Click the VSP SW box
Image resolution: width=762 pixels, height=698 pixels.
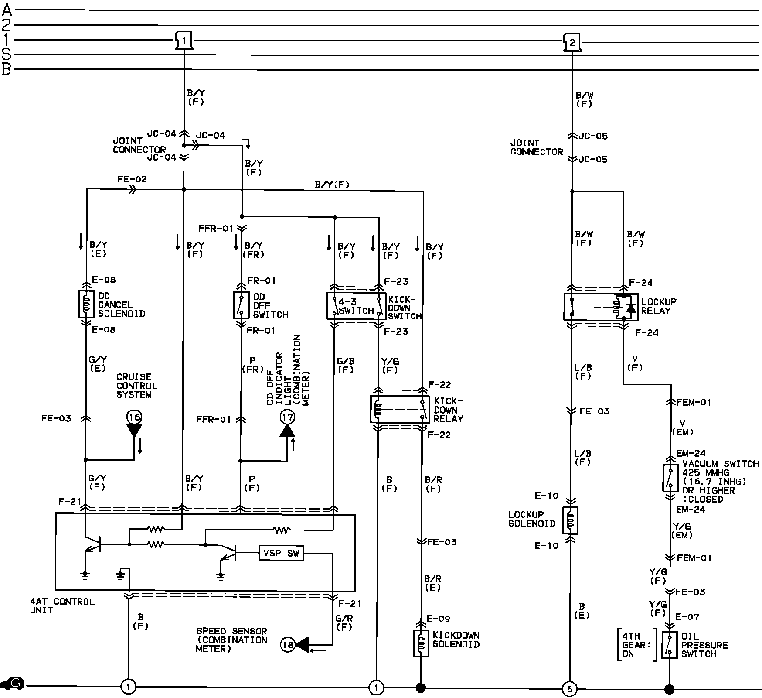pyautogui.click(x=281, y=553)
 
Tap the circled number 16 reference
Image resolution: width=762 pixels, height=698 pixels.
pyautogui.click(x=134, y=417)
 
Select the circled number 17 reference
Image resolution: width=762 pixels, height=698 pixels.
pyautogui.click(x=287, y=417)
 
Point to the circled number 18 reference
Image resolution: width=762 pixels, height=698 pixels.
pyautogui.click(x=288, y=644)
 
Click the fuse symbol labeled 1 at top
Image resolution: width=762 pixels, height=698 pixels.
pyautogui.click(x=184, y=41)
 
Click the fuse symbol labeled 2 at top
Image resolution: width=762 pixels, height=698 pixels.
pyautogui.click(x=572, y=43)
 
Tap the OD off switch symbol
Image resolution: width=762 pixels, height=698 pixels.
pyautogui.click(x=240, y=305)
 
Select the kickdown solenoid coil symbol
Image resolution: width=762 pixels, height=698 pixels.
pyautogui.click(x=421, y=643)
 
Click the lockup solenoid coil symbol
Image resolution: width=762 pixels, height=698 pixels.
pyautogui.click(x=571, y=520)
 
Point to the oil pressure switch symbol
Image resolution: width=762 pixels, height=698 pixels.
pyautogui.click(x=670, y=644)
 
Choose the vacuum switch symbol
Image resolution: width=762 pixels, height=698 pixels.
pyautogui.click(x=670, y=479)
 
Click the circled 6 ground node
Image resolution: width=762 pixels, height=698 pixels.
pyautogui.click(x=569, y=689)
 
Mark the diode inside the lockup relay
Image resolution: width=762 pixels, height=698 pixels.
pyautogui.click(x=630, y=308)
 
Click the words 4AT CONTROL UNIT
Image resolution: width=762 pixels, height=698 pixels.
pyautogui.click(x=62, y=606)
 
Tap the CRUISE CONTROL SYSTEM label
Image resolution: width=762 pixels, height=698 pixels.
pyautogui.click(x=136, y=386)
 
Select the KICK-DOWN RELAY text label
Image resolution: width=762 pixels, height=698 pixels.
pyautogui.click(x=448, y=410)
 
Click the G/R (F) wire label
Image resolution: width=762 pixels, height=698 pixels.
pyautogui.click(x=344, y=623)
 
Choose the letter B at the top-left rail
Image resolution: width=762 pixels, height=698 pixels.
pyautogui.click(x=6, y=69)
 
